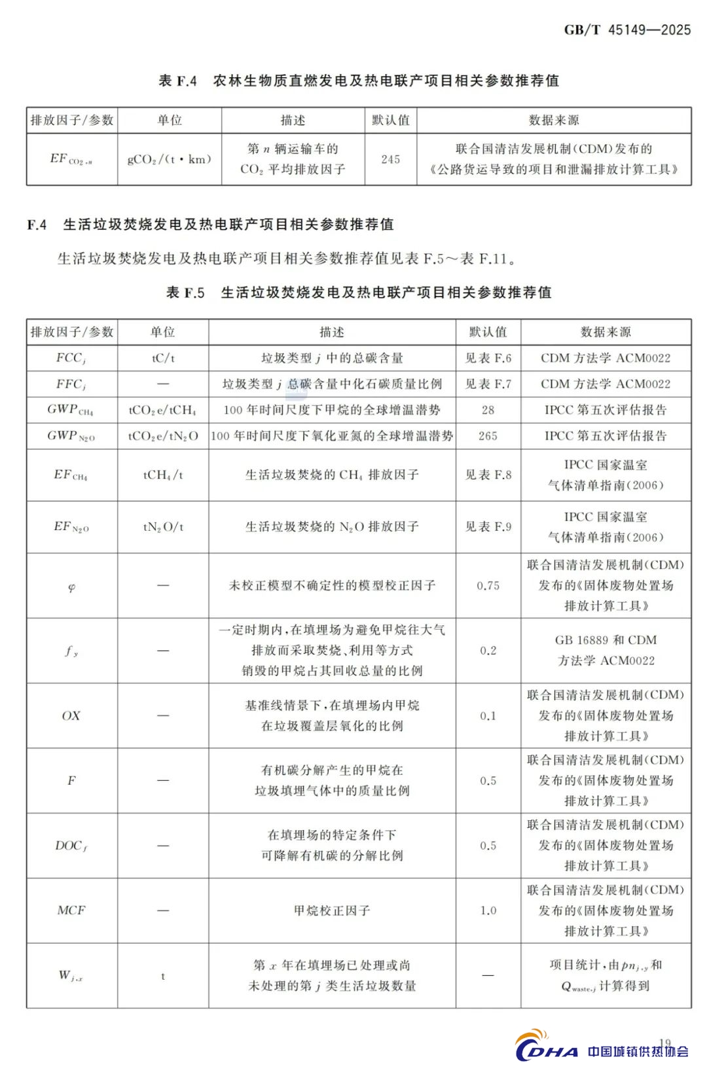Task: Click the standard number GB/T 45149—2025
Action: [627, 29]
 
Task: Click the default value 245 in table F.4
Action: [390, 159]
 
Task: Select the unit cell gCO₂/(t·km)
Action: [169, 159]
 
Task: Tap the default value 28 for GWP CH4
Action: [488, 410]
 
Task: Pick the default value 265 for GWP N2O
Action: [488, 436]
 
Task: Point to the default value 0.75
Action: [488, 586]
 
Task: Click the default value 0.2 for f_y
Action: [488, 651]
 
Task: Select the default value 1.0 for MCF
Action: [488, 910]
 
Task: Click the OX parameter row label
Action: [71, 716]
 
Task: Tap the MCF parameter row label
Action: [71, 910]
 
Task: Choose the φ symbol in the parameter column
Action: [71, 587]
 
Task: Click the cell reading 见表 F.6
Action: [488, 358]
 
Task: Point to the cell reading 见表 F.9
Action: [488, 527]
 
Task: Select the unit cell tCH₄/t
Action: [163, 475]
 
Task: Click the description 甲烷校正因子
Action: [332, 910]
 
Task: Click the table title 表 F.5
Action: [185, 293]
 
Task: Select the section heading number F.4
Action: [37, 225]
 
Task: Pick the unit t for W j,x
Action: [163, 976]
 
